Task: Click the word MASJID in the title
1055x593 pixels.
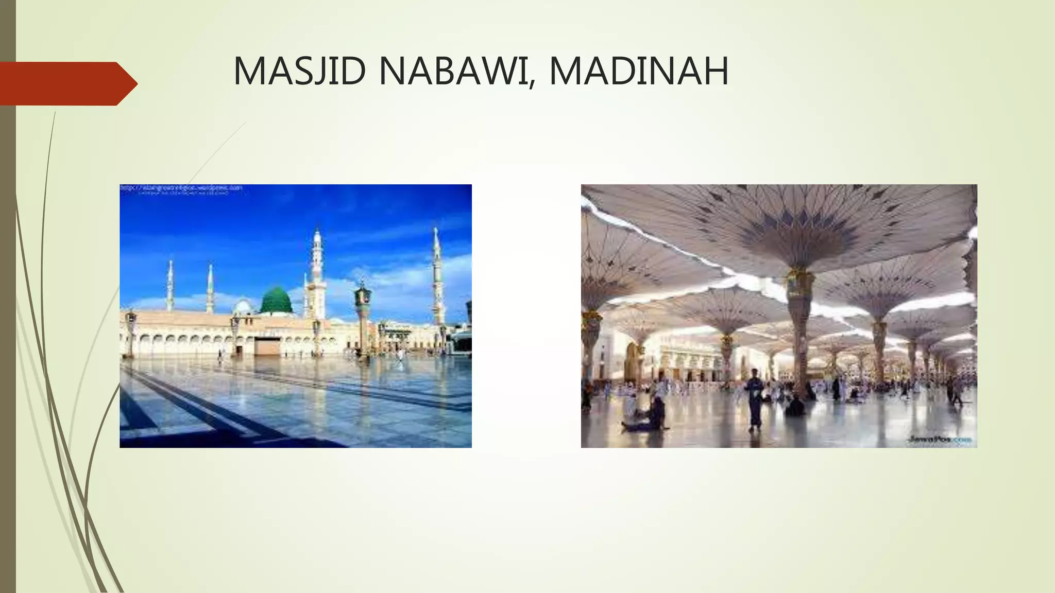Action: coord(302,72)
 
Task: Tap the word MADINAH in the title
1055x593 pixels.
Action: coord(639,72)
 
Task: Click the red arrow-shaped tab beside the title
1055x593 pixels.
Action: coord(67,83)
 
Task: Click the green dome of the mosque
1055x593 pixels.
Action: coord(276,301)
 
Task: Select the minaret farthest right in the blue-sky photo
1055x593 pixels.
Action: coord(437,278)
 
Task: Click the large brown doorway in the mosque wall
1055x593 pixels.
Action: coord(267,346)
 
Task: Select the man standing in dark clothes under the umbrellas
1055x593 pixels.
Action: coord(755,399)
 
